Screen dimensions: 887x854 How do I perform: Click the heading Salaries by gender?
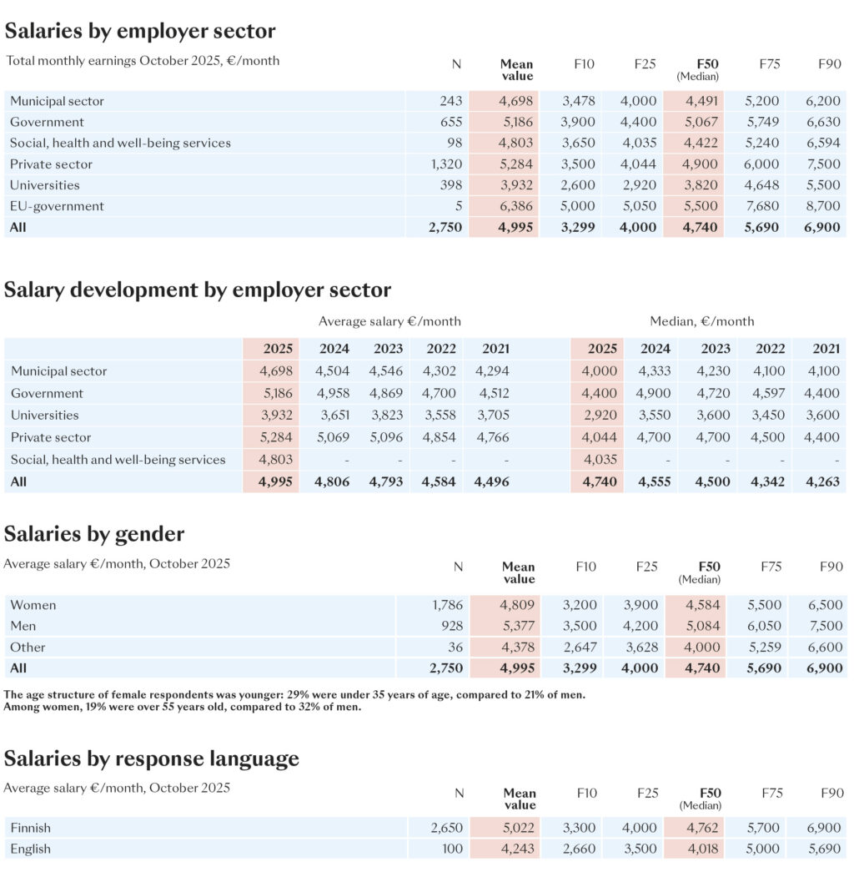94,534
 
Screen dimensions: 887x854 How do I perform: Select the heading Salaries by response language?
151,758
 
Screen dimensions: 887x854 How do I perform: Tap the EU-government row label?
57,206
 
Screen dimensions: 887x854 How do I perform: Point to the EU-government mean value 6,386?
515,206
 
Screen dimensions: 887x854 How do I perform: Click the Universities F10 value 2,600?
579,185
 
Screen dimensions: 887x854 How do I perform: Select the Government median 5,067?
701,122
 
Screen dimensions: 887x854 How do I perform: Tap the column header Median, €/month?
701,321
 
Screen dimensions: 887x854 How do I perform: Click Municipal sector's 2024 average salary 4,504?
333,371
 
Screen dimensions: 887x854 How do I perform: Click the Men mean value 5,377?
518,626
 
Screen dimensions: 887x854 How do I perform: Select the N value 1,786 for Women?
445,605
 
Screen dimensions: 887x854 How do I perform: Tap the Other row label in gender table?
28,648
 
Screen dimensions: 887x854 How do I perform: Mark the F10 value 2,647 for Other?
580,648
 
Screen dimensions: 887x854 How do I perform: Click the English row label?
31,849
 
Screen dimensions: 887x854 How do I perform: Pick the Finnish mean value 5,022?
518,829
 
